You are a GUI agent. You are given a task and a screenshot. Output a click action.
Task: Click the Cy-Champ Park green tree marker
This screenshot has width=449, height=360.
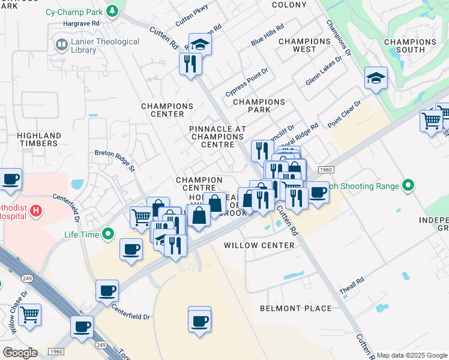[112, 11]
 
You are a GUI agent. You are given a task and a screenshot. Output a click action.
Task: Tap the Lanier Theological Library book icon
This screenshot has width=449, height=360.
[61, 45]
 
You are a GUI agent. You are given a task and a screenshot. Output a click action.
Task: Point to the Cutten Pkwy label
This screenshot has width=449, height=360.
[191, 17]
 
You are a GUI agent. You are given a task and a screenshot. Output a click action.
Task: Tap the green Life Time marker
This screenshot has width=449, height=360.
[108, 234]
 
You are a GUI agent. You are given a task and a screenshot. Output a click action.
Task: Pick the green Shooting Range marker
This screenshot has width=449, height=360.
[409, 186]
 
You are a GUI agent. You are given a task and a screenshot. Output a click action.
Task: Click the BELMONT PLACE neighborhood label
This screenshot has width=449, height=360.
[295, 308]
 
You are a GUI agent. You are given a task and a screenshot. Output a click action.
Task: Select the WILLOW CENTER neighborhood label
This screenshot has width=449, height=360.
[259, 245]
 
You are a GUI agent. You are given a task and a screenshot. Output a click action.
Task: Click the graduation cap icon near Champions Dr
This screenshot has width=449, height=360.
[376, 78]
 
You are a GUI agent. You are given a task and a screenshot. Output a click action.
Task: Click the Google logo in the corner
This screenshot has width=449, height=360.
[20, 353]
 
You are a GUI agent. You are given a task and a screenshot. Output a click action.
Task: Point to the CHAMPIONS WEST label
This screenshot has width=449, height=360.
[304, 46]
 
